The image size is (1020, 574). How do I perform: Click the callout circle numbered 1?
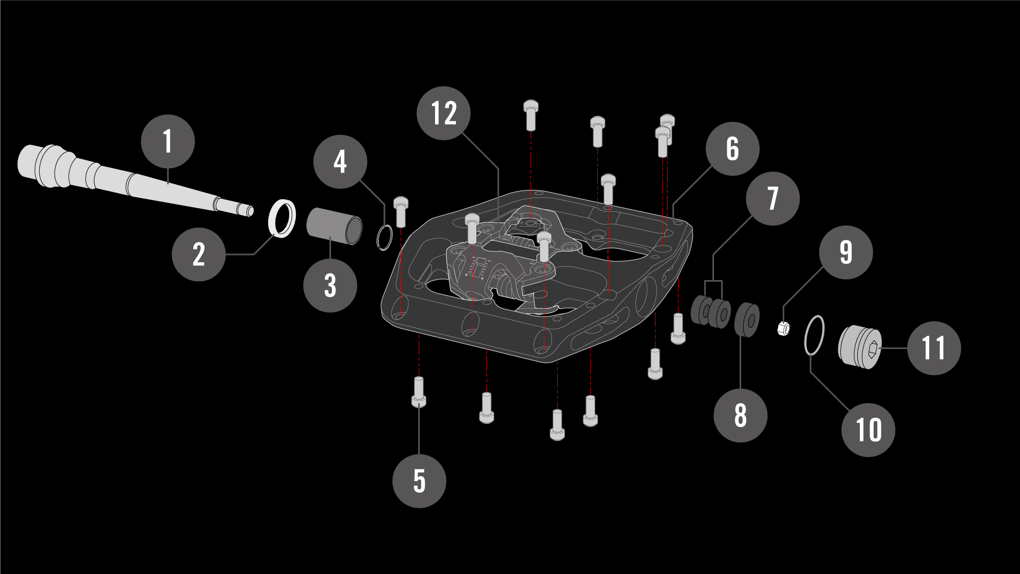[x=168, y=141]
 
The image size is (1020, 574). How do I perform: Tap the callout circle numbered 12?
[x=444, y=113]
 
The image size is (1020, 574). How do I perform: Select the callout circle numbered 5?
[x=419, y=481]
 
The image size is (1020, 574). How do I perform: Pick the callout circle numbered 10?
[x=869, y=430]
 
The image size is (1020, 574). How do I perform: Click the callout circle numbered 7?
[x=773, y=198]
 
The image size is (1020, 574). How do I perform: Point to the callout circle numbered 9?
[x=846, y=252]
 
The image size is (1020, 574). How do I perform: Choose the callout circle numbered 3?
[x=330, y=285]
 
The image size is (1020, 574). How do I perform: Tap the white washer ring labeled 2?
[x=282, y=218]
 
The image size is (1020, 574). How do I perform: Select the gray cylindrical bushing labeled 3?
[x=334, y=226]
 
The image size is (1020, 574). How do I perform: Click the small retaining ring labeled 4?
[x=385, y=238]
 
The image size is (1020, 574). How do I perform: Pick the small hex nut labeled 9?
[x=784, y=329]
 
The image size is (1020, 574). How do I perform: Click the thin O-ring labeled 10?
[x=814, y=335]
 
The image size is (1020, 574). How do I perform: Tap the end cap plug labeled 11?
[x=860, y=347]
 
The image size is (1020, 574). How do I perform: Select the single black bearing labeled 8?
[x=747, y=320]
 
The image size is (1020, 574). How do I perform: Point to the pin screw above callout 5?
[x=419, y=392]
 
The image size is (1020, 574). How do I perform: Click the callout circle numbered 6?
[x=732, y=149]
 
